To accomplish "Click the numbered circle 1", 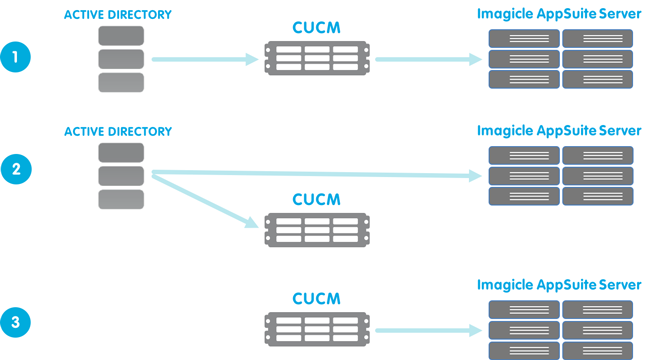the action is tap(15, 57).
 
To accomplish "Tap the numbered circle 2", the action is tap(16, 169).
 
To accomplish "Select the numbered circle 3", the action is tap(15, 322).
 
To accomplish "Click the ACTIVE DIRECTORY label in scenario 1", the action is tap(118, 15).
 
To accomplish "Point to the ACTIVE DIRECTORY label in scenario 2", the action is tap(118, 132).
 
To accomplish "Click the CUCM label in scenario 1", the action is tap(316, 28).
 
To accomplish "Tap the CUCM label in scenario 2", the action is tap(316, 199).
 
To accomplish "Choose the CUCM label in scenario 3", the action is tap(316, 299).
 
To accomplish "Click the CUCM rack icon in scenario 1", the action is tap(317, 58).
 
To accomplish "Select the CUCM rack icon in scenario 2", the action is tap(317, 230).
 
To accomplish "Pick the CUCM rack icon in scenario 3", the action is tap(317, 329).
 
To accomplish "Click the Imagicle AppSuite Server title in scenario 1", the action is tap(559, 15).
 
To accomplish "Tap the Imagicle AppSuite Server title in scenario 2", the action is tap(559, 131).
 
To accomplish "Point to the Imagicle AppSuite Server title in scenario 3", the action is tap(559, 285).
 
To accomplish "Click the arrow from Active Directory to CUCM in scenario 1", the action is tap(205, 59).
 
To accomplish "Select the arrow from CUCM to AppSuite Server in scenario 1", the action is tap(429, 59).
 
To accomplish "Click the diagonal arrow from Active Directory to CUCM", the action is tap(205, 201).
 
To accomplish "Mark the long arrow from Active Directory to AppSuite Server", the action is tap(317, 174).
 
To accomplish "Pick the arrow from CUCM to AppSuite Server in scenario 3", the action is tap(429, 331).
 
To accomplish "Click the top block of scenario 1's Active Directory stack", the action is tap(121, 36).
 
